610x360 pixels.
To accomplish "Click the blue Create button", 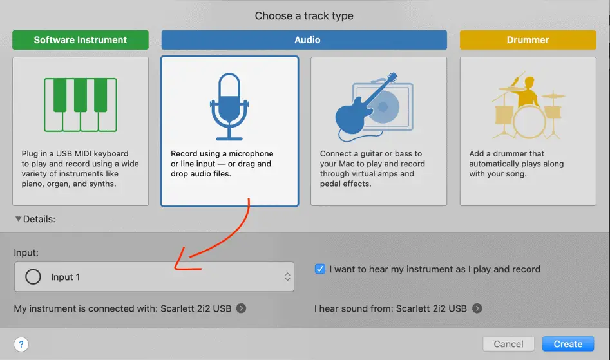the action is [x=568, y=344].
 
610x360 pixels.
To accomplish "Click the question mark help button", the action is [x=21, y=344].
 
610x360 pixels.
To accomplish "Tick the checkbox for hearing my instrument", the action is [x=319, y=269].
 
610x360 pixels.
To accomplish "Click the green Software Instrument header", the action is [x=81, y=40].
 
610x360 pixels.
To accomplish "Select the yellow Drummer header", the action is [x=528, y=40].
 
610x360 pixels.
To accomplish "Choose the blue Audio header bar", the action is [x=304, y=40].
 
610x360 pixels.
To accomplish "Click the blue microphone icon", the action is [x=229, y=106].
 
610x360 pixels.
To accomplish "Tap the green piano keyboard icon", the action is [x=81, y=105].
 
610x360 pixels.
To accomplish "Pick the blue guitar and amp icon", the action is [x=374, y=107].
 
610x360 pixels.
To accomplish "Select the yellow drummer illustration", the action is [x=528, y=105].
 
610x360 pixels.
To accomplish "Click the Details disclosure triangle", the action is [x=18, y=219].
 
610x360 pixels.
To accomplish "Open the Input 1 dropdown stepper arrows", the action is [x=287, y=277].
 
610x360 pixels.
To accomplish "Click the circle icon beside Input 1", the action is [x=33, y=277].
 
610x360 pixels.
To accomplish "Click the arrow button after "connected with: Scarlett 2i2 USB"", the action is [x=241, y=308].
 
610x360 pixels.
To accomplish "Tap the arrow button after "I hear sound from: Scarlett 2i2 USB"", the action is [x=477, y=308].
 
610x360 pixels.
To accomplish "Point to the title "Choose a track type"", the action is [x=304, y=15].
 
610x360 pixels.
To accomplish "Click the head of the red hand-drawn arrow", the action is [x=176, y=268].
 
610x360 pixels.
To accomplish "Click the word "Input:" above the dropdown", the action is [x=26, y=252].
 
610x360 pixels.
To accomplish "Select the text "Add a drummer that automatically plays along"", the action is [x=516, y=158].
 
